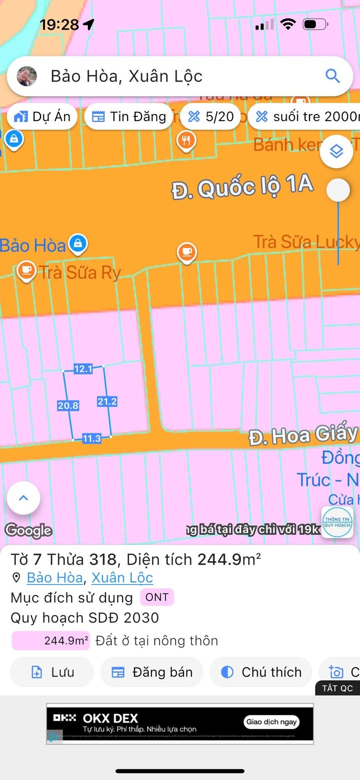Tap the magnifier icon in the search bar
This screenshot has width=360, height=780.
[x=332, y=76]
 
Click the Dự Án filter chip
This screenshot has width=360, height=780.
[x=42, y=117]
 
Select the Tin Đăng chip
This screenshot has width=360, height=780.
[x=128, y=117]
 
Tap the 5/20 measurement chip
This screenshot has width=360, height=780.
[x=210, y=117]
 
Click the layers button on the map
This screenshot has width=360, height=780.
[x=336, y=151]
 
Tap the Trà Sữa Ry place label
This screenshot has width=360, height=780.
[x=80, y=272]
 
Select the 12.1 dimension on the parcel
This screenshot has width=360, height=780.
[x=83, y=369]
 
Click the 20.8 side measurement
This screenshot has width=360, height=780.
[x=68, y=405]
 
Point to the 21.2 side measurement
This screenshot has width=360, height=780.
[x=107, y=401]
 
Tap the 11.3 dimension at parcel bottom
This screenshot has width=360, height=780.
[x=91, y=438]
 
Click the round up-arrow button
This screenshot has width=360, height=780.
[x=23, y=498]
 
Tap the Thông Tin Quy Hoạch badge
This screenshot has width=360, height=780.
[x=337, y=522]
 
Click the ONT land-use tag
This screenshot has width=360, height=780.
[x=157, y=597]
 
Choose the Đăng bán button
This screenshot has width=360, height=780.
[x=152, y=672]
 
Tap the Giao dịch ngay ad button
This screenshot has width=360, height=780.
[x=271, y=721]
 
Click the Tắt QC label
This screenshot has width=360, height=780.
[x=337, y=688]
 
